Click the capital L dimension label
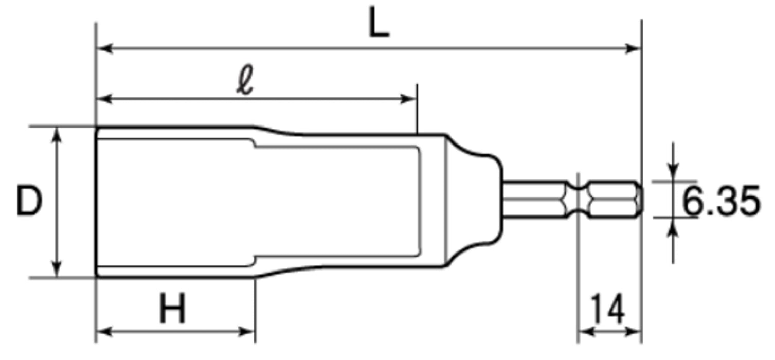pos(379,22)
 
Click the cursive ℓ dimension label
pos(245,80)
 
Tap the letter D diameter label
pos(29,201)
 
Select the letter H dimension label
pos(172,308)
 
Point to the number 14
pos(608,309)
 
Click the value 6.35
pos(721,201)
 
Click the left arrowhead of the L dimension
pos(104,48)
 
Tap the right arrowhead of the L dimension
pos(633,48)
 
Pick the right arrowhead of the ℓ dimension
pos(408,99)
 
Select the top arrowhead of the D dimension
pos(57,135)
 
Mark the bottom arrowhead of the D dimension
pos(57,269)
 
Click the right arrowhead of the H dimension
pos(246,332)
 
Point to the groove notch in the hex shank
pos(578,200)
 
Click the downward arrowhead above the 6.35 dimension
pos(673,172)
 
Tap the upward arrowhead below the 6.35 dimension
pos(673,226)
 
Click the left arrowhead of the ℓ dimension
pos(104,99)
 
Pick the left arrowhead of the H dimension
pos(104,332)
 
